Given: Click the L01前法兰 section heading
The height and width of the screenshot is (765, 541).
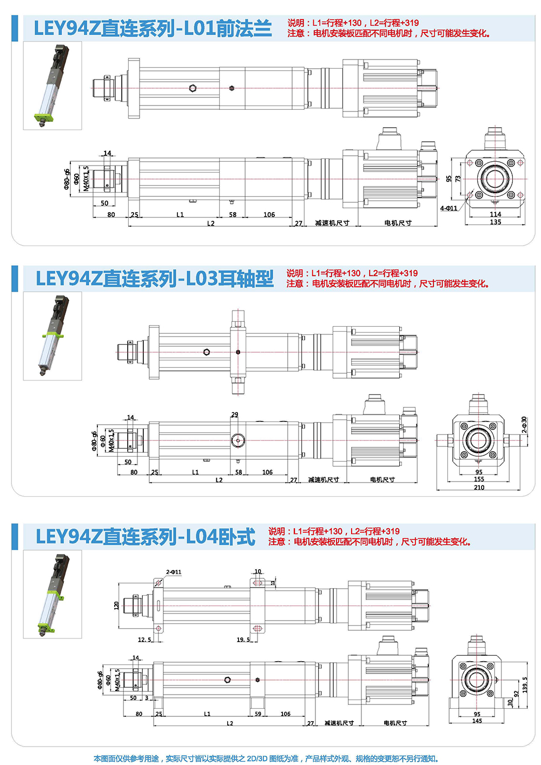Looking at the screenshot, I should [153, 29].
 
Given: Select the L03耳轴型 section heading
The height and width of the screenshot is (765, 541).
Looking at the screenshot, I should [155, 279].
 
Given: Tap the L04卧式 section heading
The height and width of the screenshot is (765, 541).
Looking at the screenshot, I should [146, 537].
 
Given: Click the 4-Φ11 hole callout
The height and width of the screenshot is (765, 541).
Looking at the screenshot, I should [448, 208].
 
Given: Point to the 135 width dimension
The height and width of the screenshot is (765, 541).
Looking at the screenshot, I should [496, 222].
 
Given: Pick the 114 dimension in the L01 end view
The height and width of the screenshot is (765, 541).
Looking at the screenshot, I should [496, 214].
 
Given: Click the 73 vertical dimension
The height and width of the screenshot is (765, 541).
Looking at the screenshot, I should [458, 179].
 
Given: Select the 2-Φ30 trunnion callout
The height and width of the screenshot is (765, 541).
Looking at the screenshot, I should [524, 426].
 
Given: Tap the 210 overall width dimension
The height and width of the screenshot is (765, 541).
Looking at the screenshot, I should [479, 487].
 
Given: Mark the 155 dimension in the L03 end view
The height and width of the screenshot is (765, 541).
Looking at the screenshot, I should [479, 479].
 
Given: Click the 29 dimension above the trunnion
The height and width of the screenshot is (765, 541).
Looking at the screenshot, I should [235, 415].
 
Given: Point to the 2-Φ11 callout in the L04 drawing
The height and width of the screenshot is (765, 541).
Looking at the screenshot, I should [174, 572].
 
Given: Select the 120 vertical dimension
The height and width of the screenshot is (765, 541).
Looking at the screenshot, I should [116, 605].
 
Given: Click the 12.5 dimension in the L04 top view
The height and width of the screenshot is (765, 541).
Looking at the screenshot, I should [144, 640].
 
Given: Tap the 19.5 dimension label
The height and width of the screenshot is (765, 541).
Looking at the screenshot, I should [243, 640].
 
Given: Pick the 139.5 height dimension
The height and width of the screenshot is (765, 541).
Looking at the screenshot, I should [525, 685].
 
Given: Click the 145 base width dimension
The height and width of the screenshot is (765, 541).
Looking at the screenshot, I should [477, 721].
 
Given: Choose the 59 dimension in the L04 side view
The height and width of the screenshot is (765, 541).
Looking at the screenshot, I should [258, 714].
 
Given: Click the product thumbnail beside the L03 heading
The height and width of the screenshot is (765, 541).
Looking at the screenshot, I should [52, 336].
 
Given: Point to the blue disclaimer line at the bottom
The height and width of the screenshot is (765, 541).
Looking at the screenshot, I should [266, 759].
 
